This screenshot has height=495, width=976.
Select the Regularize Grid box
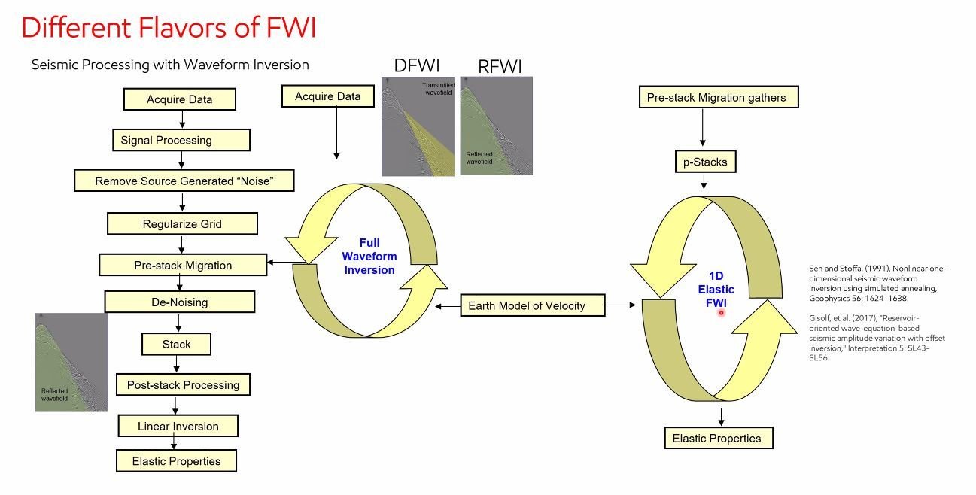182,224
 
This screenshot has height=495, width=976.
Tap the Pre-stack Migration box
183,265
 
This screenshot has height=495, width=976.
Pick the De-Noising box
179,302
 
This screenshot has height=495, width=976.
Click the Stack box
176,344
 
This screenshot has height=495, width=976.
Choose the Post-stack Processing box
183,384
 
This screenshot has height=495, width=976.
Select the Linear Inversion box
178,426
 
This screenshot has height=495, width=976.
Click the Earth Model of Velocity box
532,305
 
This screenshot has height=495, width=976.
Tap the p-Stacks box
704,162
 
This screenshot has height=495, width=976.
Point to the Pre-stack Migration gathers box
716,97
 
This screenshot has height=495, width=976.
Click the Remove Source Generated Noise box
184,181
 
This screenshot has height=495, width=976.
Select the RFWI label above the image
500,66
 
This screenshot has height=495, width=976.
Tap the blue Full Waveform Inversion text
369,256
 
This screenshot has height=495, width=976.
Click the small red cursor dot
721,311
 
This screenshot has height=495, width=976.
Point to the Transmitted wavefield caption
437,90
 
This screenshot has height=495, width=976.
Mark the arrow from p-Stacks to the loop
703,181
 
